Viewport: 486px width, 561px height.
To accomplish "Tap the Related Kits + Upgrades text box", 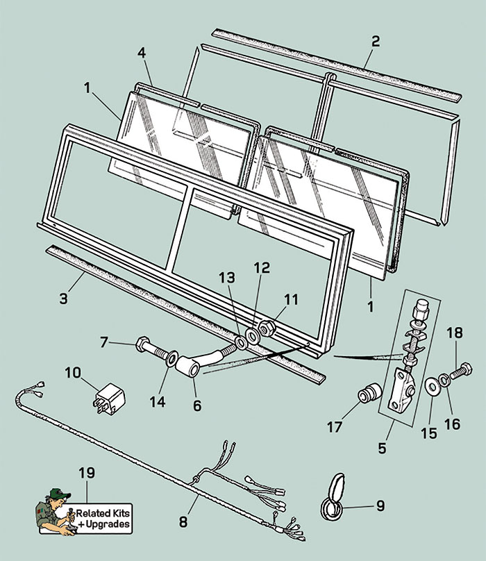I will click(x=103, y=519).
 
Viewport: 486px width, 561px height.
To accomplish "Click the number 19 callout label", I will click(x=87, y=474).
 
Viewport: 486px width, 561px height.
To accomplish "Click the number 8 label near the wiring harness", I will click(x=183, y=520).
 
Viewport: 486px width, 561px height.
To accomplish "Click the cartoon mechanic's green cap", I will click(x=58, y=494).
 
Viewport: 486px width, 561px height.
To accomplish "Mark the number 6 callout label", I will click(x=197, y=405).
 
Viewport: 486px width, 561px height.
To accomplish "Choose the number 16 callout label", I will click(x=452, y=424).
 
